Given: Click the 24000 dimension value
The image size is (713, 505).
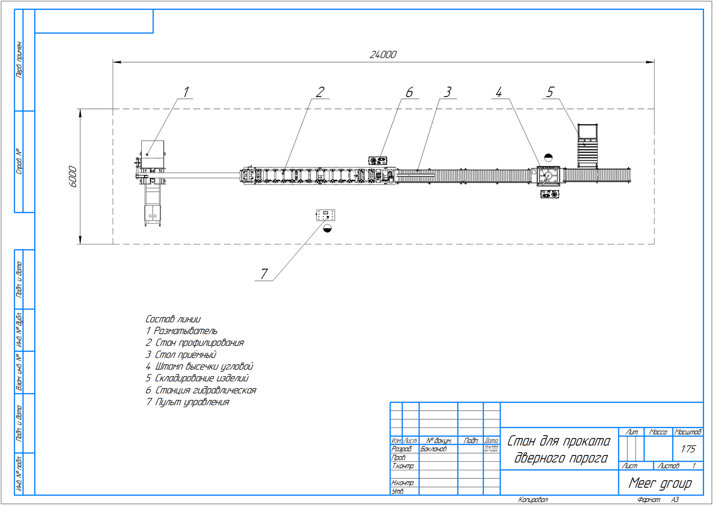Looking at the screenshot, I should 383,55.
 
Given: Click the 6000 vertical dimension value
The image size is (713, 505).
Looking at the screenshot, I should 73,176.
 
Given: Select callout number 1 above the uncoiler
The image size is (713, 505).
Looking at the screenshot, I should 186,92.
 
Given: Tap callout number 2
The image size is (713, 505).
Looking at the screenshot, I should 320,92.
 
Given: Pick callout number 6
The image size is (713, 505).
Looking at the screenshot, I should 409,92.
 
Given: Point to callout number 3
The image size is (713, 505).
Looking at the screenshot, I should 447,92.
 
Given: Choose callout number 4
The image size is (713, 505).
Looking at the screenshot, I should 499,92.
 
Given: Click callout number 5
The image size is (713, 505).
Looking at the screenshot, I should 550,92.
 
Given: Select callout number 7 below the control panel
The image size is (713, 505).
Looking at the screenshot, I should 264,274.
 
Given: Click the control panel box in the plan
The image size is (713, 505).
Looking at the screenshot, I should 326,215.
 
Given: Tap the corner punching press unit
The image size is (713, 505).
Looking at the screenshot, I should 548,176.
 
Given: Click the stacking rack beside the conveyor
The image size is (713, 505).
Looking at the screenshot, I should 588,146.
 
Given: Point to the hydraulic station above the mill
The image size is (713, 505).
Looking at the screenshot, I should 378,160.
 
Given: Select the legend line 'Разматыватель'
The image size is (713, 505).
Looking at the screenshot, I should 182,331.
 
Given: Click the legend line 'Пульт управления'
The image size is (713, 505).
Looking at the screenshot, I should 188,402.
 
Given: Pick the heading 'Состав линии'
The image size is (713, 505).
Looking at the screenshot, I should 173,319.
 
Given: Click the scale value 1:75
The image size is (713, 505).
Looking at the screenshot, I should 688,449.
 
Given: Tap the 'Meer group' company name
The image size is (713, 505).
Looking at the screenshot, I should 660,484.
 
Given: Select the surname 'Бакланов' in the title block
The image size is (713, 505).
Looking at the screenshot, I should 434,449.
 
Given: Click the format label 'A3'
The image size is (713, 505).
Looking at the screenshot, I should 675,500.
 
